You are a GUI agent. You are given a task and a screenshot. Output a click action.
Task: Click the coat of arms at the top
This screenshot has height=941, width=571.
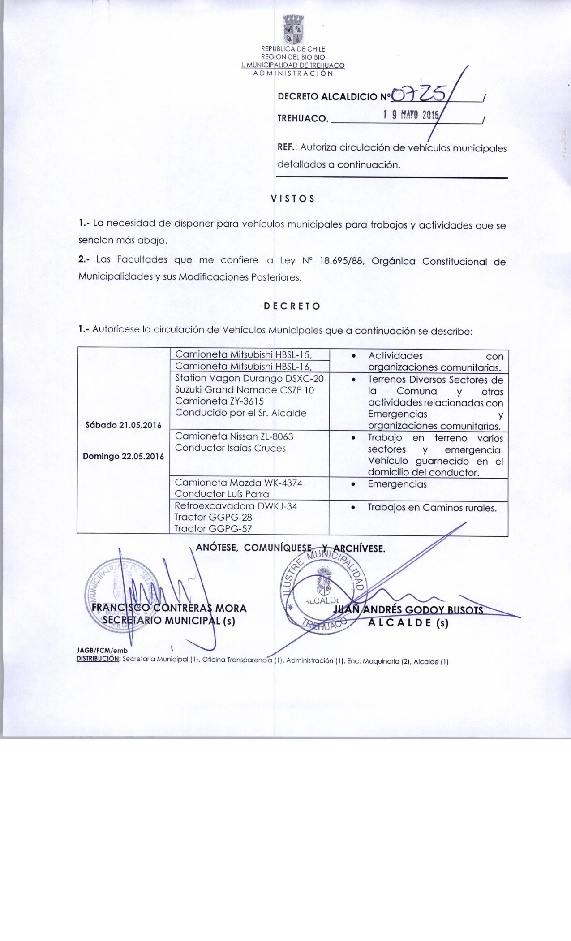294,30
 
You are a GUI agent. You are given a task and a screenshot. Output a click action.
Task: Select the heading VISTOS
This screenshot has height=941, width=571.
292,199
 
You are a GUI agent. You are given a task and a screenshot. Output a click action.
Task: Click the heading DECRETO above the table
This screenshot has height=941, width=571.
292,307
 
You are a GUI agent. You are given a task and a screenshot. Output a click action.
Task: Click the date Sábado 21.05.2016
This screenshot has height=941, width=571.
123,425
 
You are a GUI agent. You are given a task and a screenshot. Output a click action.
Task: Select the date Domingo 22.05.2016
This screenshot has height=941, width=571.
124,457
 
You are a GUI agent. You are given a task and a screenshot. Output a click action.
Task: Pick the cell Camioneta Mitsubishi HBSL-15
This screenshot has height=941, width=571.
244,355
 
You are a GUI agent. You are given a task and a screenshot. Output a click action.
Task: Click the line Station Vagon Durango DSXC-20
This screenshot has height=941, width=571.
249,378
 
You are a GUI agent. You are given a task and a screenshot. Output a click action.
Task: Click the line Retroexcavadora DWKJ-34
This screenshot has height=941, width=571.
236,506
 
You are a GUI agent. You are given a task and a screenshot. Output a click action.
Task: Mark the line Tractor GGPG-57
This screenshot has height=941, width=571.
213,529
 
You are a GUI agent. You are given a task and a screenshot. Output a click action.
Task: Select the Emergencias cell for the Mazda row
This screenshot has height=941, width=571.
397,484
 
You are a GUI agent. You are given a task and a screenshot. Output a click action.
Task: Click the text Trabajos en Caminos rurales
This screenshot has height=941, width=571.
432,508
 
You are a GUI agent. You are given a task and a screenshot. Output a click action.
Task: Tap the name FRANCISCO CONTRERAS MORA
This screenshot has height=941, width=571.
169,609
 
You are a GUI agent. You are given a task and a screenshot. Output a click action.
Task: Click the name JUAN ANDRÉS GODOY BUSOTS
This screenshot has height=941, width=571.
408,610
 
